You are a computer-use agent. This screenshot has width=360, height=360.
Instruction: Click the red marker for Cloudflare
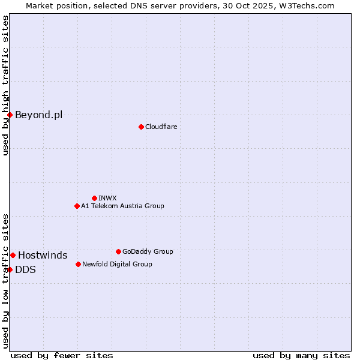[x=141, y=127]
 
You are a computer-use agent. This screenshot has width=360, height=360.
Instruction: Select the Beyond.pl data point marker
[x=10, y=115]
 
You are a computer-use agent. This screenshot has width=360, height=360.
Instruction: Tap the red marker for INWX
[x=94, y=198]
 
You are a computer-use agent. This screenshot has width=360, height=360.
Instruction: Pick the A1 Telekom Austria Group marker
[x=77, y=206]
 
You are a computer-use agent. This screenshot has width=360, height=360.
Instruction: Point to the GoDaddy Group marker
[x=118, y=251]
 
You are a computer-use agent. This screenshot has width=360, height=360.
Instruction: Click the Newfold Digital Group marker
[x=78, y=264]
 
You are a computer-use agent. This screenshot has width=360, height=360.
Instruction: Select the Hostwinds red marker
[x=13, y=255]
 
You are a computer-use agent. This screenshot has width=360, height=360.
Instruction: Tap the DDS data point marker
[x=10, y=269]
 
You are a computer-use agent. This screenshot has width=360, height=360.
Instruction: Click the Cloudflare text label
[x=161, y=127]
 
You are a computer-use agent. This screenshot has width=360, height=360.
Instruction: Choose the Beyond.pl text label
[x=38, y=115]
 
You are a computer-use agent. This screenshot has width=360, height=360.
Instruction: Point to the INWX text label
[x=107, y=198]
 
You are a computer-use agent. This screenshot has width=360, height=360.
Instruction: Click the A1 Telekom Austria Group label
[x=122, y=206]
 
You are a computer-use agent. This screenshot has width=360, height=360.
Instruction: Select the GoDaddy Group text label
[x=148, y=251]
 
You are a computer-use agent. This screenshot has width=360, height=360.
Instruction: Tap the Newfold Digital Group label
[x=117, y=264]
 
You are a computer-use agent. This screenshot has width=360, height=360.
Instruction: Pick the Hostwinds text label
[x=43, y=255]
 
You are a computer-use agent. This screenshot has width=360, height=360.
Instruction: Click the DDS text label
[x=25, y=269]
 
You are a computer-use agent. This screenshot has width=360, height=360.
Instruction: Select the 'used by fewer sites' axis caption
[x=62, y=355]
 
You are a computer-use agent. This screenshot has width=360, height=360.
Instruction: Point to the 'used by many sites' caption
[x=301, y=355]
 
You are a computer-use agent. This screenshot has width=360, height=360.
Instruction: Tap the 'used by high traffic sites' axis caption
[x=5, y=85]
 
